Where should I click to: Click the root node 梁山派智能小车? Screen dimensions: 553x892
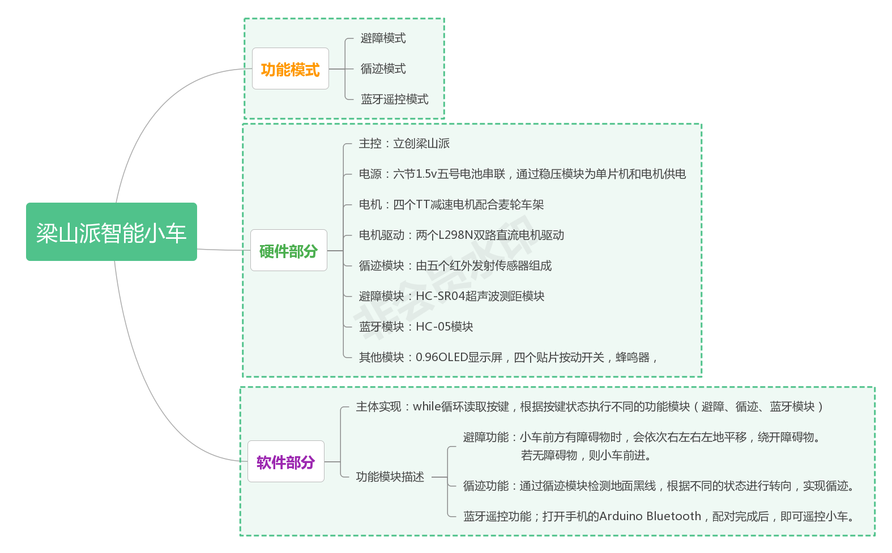coord(111,232)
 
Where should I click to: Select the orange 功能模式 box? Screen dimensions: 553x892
coord(290,69)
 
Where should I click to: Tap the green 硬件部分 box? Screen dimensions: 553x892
coord(288,251)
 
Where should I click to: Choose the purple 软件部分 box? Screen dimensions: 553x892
coord(285,462)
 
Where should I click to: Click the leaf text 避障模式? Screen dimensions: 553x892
coord(383,38)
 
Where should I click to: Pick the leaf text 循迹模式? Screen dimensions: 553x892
coord(383,68)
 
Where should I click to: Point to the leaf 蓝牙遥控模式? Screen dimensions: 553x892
coord(394,99)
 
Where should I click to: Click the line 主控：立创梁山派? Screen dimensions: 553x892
coord(404,143)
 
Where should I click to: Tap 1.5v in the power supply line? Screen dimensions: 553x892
coord(426,174)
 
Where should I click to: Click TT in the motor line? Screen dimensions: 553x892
coord(422,204)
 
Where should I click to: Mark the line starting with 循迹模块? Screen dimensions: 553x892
coord(455,265)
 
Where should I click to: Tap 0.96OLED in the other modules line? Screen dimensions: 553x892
coord(441,357)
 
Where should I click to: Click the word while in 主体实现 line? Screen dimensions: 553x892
coord(426,406)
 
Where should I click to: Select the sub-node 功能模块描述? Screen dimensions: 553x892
coord(390,477)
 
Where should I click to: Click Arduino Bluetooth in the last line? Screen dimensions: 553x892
coord(650,516)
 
